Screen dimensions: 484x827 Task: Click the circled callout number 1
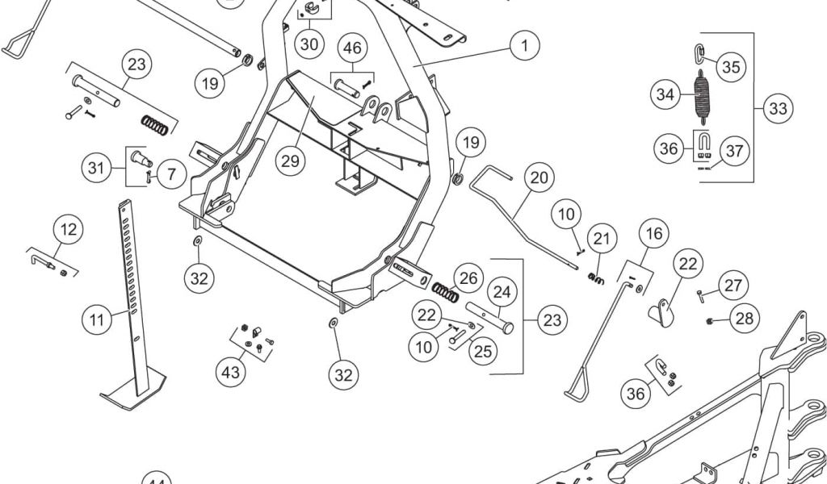[525, 45]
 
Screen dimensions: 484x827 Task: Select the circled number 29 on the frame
[291, 160]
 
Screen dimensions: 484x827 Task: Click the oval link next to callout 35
[699, 54]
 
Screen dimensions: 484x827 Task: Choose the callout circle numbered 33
[778, 108]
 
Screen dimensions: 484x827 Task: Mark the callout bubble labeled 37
[735, 151]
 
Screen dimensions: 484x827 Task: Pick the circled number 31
[97, 169]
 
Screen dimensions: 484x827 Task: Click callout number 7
[171, 173]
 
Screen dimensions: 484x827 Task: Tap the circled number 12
[69, 230]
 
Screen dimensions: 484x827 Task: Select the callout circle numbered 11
[97, 320]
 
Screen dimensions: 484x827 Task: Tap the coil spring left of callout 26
[445, 290]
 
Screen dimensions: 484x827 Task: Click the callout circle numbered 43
[232, 372]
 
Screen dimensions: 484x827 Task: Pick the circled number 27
[733, 286]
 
